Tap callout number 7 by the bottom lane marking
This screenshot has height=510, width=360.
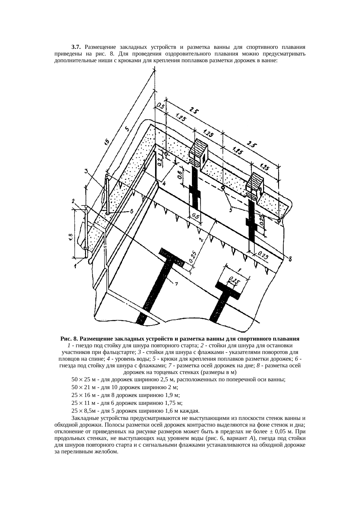(176, 284)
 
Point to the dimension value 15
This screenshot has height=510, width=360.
(107, 142)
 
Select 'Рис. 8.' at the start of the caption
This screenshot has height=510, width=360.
(69, 339)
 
